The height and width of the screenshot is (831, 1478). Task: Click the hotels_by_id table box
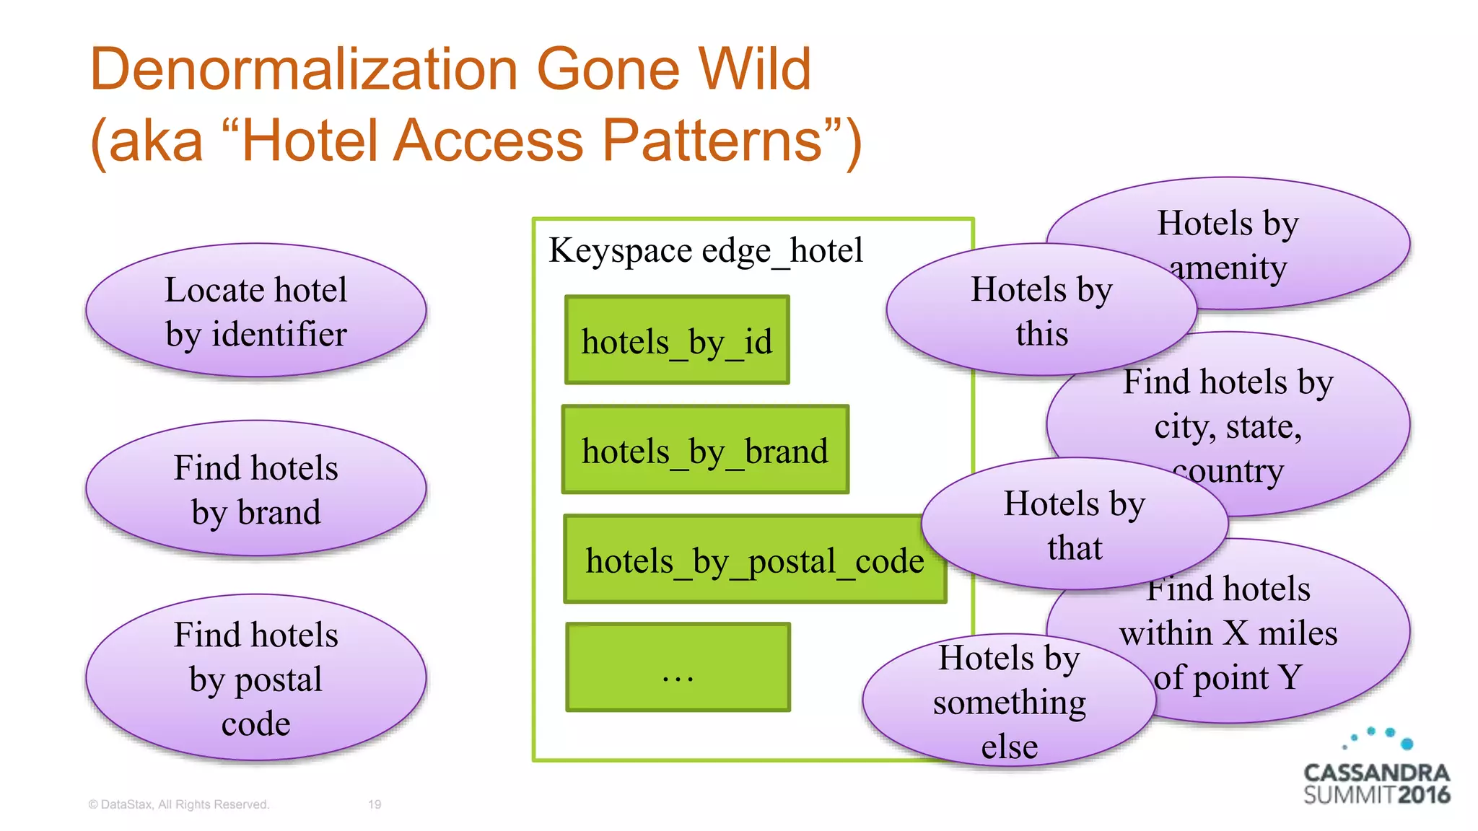tap(677, 340)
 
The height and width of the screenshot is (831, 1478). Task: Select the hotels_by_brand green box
tap(705, 449)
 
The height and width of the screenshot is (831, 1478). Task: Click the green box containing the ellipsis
tap(678, 667)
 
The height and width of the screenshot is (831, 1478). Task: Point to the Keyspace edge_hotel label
tap(705, 251)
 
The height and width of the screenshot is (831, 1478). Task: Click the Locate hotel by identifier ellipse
tap(255, 311)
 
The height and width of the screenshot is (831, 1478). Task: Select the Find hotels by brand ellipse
tap(255, 489)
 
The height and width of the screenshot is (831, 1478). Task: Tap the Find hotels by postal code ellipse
tap(255, 678)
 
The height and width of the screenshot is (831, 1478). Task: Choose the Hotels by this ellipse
tap(1041, 311)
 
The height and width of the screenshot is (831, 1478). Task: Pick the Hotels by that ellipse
tap(1074, 524)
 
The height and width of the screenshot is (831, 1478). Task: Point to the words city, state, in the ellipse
tap(1228, 426)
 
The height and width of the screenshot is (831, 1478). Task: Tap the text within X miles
tap(1228, 633)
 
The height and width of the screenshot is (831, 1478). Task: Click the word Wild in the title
tap(755, 69)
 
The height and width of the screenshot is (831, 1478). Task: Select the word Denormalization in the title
tap(303, 69)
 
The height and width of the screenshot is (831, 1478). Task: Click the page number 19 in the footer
tap(375, 804)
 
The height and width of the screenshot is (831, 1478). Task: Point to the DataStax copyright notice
tap(178, 804)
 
